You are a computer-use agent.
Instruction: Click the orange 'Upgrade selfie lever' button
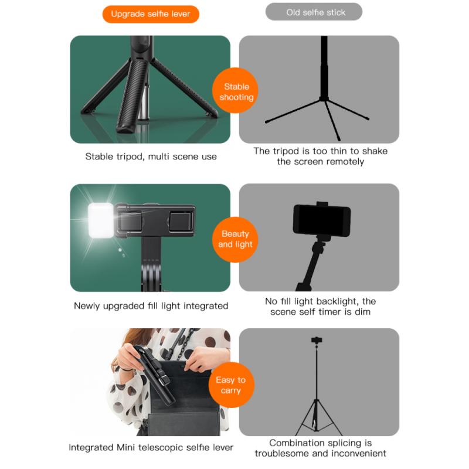coord(151,13)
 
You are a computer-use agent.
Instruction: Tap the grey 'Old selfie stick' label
coord(314,12)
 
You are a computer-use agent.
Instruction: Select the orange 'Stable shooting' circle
coord(236,92)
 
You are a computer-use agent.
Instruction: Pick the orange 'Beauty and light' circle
coord(236,239)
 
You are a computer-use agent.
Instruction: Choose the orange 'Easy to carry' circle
coord(230,385)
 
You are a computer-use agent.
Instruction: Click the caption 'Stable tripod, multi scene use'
coord(151,157)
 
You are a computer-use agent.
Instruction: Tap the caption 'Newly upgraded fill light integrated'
coord(151,305)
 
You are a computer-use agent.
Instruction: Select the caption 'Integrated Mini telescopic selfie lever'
coord(151,447)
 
